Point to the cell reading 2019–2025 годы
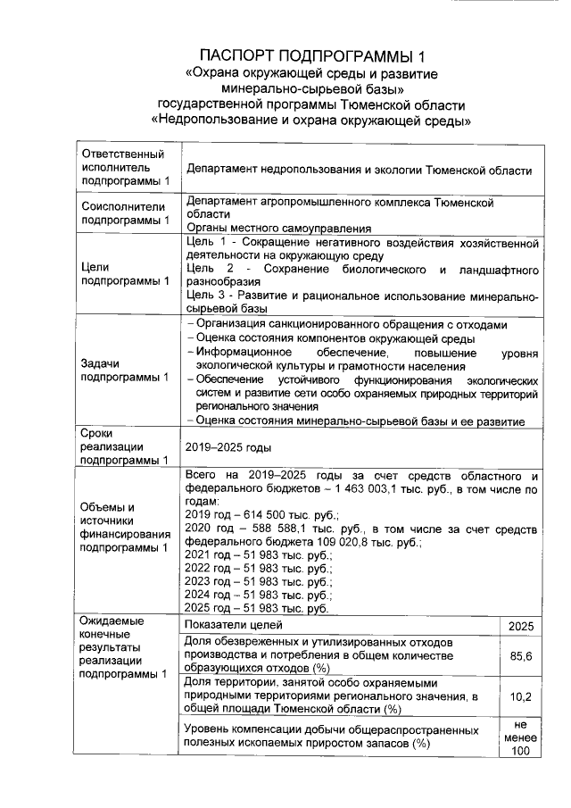coord(228,446)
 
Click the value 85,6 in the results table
coord(520,656)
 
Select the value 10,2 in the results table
coord(520,696)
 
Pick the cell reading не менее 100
coord(520,737)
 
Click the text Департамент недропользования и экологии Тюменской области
coord(358,171)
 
